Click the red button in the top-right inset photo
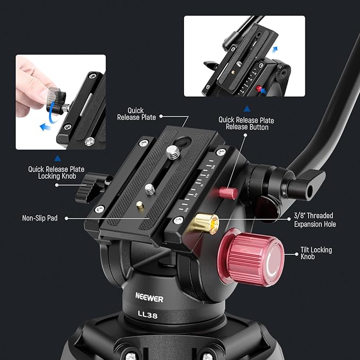[x=259, y=88]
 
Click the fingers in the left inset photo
[x=32, y=85]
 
